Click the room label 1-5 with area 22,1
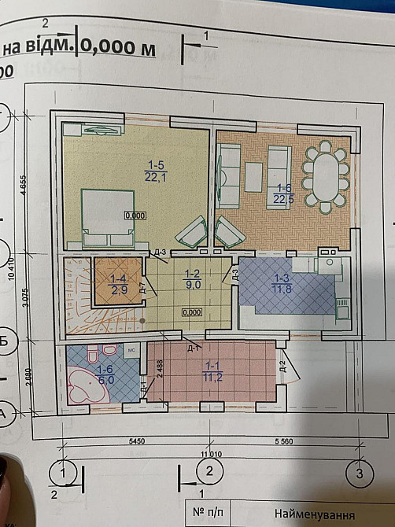click(x=154, y=169)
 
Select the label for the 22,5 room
click(x=284, y=193)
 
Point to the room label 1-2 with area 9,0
click(x=191, y=280)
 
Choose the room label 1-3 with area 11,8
click(x=281, y=283)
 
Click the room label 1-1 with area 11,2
click(x=212, y=371)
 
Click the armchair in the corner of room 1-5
click(x=191, y=234)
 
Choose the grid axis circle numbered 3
click(x=360, y=474)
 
